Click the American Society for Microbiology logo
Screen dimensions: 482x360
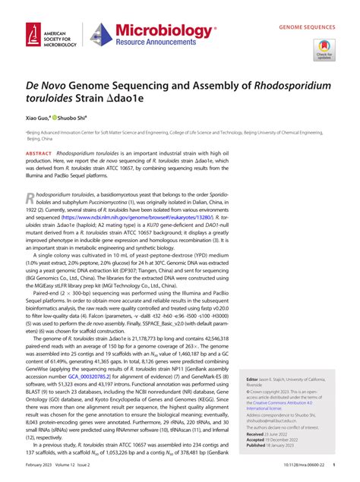(47, 36)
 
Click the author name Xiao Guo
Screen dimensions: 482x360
(39, 118)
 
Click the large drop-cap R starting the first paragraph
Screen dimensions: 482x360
(30, 199)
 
